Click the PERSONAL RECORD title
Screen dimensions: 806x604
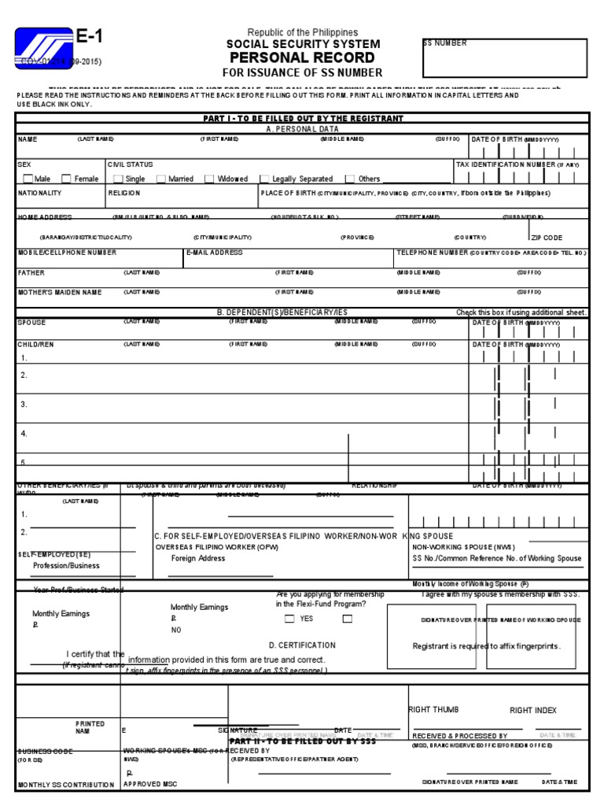click(302, 59)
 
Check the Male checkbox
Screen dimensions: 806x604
click(28, 179)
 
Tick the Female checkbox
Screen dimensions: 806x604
click(66, 179)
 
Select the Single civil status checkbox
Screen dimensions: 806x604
click(118, 179)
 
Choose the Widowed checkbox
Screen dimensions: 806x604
click(209, 179)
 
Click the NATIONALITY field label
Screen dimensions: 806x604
click(39, 192)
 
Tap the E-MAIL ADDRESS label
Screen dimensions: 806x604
click(215, 253)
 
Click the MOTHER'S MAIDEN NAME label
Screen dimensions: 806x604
click(60, 292)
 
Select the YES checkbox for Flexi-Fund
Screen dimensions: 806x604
click(289, 619)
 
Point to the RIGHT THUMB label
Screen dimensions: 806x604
click(433, 709)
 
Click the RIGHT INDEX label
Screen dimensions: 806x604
click(532, 710)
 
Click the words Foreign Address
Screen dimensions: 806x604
click(198, 558)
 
